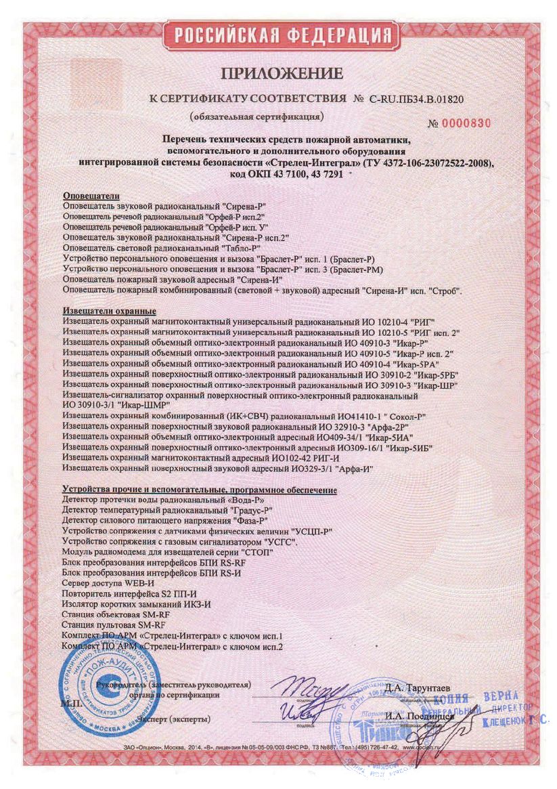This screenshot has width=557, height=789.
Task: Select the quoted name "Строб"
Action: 444,291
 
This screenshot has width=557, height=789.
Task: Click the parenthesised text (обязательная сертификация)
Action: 257,116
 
